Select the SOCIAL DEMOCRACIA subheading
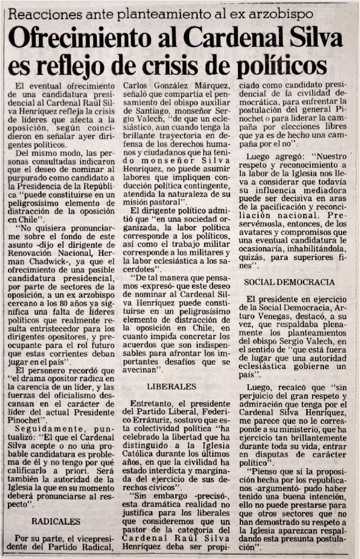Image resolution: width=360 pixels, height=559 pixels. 289,282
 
